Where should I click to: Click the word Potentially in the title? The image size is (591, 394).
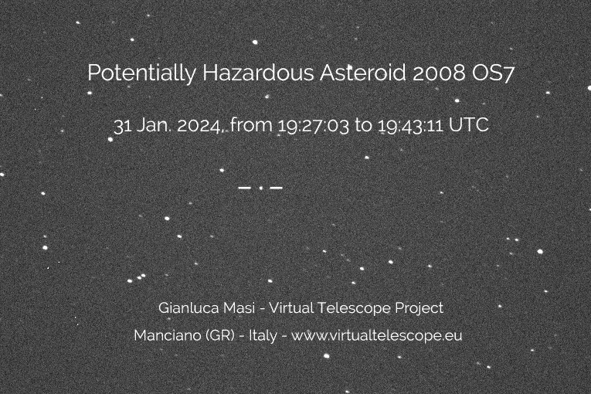point(141,73)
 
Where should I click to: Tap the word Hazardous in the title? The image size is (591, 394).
point(258,72)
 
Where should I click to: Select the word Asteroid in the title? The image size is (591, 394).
point(363,72)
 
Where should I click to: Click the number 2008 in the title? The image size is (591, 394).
point(439,73)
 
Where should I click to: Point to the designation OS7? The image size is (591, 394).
point(493,73)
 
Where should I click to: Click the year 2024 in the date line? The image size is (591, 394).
point(199,126)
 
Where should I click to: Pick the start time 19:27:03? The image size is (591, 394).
point(314,126)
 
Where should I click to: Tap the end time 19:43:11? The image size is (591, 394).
point(410,126)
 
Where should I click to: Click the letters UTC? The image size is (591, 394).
point(469,125)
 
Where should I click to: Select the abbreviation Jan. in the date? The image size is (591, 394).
point(154,125)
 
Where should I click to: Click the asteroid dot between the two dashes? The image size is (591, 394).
point(261,188)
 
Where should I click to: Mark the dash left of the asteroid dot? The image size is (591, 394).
point(245,188)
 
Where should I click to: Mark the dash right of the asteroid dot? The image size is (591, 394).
point(277,188)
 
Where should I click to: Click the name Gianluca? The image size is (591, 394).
point(188,307)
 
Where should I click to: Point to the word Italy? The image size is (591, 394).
point(263,335)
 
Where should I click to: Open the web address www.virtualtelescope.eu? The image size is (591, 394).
point(376,335)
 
